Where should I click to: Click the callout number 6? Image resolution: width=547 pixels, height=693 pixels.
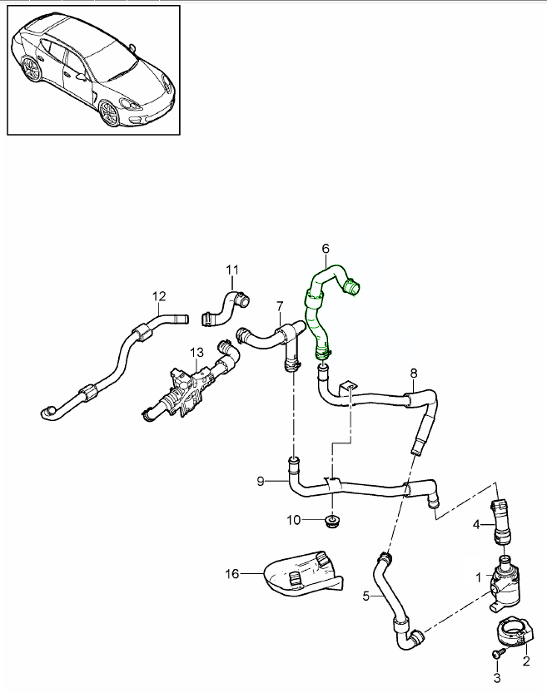click(326, 248)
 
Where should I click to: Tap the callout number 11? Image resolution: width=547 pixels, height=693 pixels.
click(232, 269)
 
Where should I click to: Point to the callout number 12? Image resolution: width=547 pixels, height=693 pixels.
click(159, 295)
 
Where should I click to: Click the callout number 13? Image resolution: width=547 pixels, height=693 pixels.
click(196, 353)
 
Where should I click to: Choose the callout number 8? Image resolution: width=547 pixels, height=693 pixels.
click(413, 373)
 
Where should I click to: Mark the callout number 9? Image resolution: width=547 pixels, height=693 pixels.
click(261, 481)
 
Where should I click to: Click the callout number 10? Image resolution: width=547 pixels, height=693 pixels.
click(294, 521)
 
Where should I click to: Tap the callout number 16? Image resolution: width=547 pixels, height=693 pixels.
click(231, 572)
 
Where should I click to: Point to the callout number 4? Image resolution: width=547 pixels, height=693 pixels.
click(477, 524)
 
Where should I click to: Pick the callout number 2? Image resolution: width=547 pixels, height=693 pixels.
click(525, 661)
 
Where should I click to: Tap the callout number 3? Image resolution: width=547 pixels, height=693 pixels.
click(498, 680)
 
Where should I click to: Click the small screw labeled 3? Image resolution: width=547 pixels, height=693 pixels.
click(498, 656)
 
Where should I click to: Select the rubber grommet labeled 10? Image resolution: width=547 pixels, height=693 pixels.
click(332, 522)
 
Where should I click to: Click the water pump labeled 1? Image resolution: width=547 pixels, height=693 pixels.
click(506, 578)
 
